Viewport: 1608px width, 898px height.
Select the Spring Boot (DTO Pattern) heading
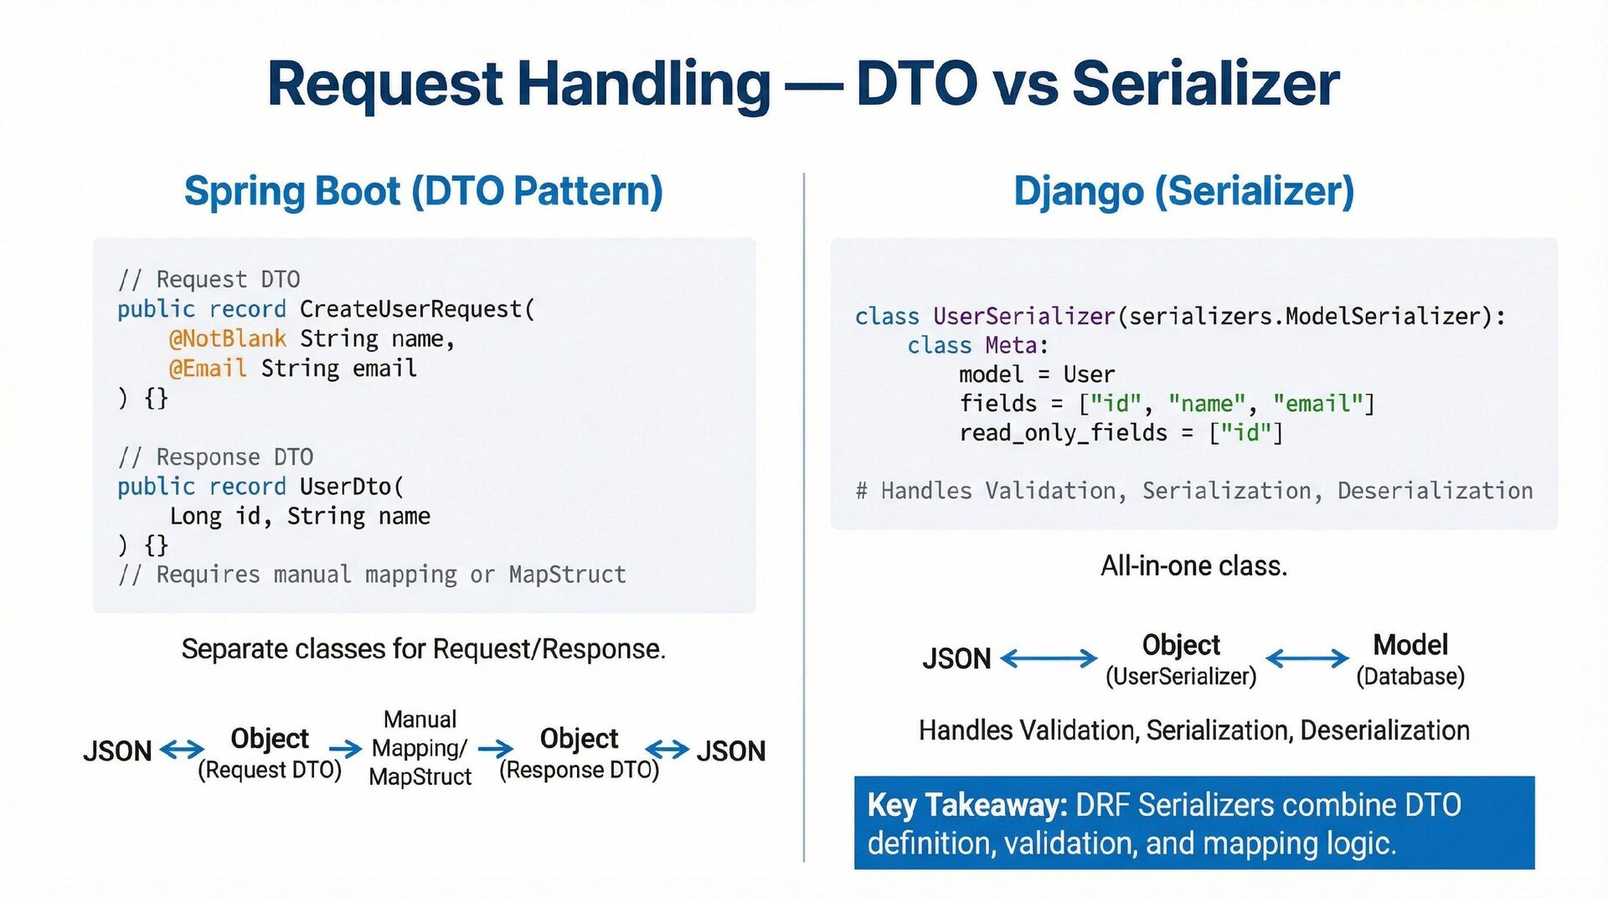click(423, 191)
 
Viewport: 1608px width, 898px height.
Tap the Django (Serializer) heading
click(1183, 191)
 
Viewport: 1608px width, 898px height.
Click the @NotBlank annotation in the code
click(227, 338)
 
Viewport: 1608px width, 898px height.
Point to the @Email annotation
click(207, 369)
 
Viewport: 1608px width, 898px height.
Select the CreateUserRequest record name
click(411, 309)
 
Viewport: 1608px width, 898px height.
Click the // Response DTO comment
click(215, 457)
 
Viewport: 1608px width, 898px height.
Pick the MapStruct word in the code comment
click(567, 575)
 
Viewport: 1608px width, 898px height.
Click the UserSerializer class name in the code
click(1023, 316)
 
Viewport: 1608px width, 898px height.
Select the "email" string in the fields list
click(1317, 404)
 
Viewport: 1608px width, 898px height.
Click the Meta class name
click(1011, 345)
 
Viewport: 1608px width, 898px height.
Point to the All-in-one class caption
click(1193, 566)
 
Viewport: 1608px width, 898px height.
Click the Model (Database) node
click(1410, 659)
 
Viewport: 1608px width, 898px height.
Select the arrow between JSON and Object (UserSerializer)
click(1049, 658)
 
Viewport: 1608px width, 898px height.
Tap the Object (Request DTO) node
click(270, 752)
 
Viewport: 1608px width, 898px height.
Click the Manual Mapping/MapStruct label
click(420, 748)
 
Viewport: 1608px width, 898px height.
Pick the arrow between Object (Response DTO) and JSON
click(667, 749)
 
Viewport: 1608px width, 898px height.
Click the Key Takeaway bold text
click(966, 805)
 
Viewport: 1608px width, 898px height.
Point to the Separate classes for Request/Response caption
click(423, 649)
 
